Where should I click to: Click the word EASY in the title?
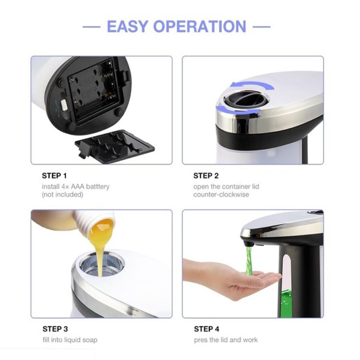pyautogui.click(x=127, y=27)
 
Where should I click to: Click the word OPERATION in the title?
pyautogui.click(x=200, y=27)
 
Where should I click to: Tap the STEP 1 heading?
pyautogui.click(x=54, y=176)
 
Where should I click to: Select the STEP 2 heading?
pyautogui.click(x=206, y=176)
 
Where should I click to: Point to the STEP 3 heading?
pyautogui.click(x=55, y=329)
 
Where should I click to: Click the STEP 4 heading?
pyautogui.click(x=207, y=329)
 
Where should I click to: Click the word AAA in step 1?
pyautogui.click(x=77, y=186)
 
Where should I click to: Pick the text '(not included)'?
pyautogui.click(x=63, y=195)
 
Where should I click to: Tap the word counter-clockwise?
pyautogui.click(x=221, y=195)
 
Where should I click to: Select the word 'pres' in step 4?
pyautogui.click(x=200, y=340)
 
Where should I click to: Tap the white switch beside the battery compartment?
pyautogui.click(x=63, y=105)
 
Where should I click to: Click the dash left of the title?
pyautogui.click(x=91, y=27)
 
